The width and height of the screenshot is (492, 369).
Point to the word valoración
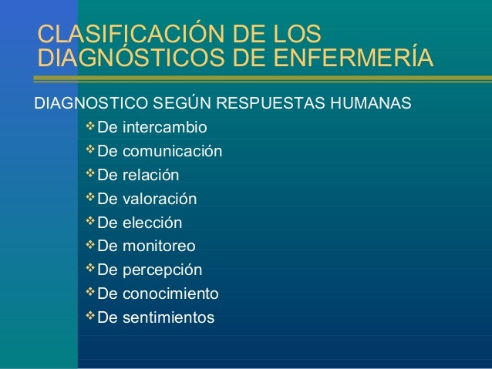160,199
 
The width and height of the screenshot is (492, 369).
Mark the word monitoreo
159,246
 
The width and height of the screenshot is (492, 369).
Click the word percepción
162,270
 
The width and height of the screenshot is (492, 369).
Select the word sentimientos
168,317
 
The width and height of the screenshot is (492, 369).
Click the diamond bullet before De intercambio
90,126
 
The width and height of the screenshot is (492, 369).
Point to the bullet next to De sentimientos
90,315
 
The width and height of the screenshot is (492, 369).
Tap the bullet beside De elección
90,221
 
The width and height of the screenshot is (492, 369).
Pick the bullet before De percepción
90,268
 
